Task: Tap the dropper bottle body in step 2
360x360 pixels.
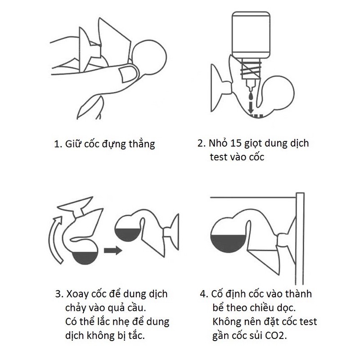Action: coord(251,35)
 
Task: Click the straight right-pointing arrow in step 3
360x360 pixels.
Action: coord(113,250)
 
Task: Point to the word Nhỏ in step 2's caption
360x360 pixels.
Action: coord(218,143)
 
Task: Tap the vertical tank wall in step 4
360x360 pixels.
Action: coord(300,239)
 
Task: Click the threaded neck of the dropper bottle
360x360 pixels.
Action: coord(251,69)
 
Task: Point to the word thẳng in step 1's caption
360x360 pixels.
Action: coord(142,144)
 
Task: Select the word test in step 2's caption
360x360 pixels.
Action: coord(218,157)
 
